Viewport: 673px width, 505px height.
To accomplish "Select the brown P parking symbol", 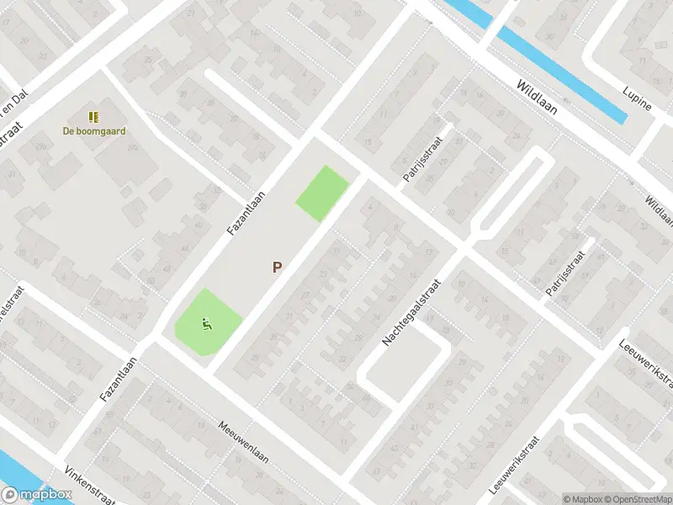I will coord(277,268).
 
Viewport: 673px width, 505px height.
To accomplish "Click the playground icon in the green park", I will coord(206,322).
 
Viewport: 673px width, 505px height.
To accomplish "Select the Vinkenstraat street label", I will coord(89,486).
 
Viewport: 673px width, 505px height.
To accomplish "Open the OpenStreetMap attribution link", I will coord(638,499).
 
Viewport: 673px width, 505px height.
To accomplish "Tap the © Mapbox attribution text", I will coord(583,499).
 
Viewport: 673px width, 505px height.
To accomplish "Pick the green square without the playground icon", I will coord(321,194).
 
